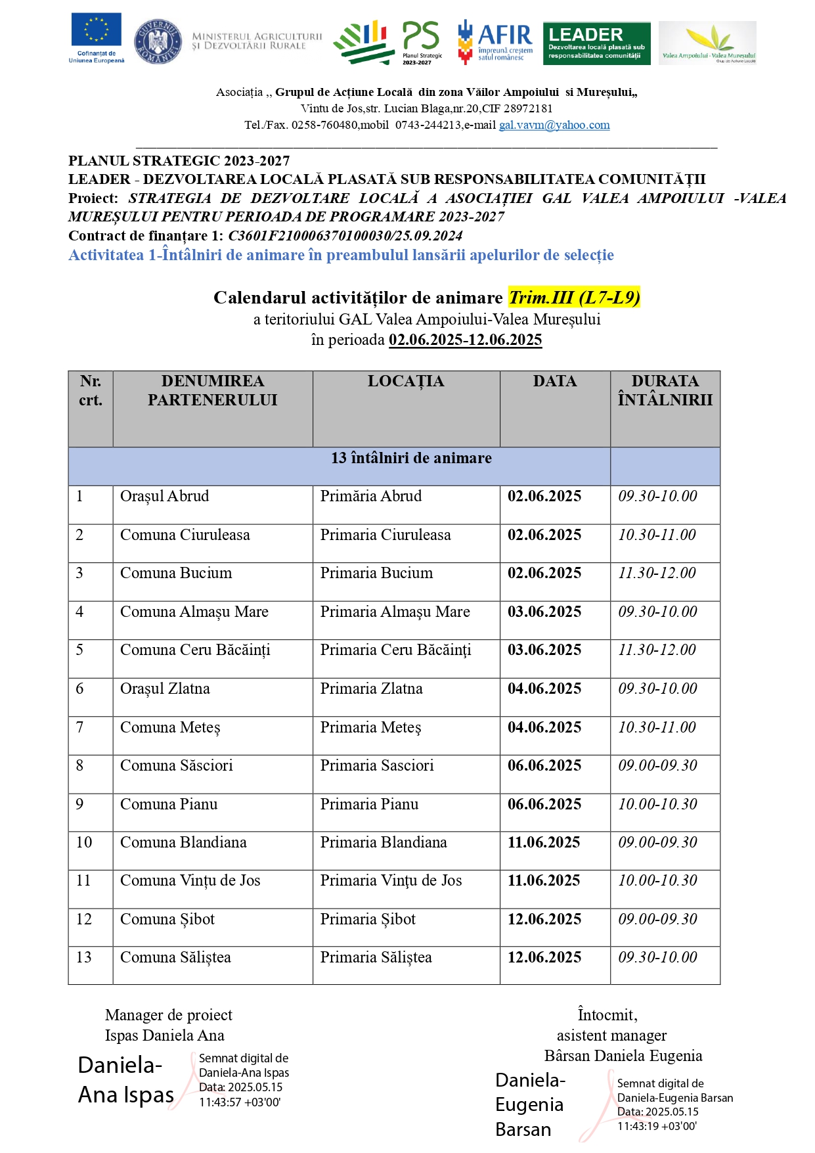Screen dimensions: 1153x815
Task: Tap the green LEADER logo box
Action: click(596, 43)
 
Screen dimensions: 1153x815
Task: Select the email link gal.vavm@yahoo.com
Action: click(554, 125)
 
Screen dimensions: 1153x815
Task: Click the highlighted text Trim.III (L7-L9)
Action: click(574, 298)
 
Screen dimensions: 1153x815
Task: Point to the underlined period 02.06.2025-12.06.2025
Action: click(465, 340)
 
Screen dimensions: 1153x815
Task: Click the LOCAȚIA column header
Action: click(406, 382)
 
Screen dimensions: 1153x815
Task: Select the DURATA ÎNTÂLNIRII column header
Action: click(665, 390)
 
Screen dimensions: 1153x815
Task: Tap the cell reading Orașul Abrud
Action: click(164, 497)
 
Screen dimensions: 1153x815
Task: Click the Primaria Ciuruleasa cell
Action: click(385, 535)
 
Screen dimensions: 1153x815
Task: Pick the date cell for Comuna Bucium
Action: click(544, 574)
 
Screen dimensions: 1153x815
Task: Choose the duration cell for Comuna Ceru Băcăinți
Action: click(657, 650)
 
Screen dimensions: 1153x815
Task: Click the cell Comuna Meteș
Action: click(170, 728)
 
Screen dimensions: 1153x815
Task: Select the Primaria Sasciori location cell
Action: click(377, 766)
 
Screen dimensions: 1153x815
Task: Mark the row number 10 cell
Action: click(84, 843)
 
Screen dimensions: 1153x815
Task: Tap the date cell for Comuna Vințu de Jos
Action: click(544, 881)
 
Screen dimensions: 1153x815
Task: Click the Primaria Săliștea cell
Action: click(376, 958)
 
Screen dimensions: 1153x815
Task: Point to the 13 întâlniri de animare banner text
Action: click(411, 459)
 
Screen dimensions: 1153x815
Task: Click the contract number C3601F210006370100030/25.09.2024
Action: click(345, 236)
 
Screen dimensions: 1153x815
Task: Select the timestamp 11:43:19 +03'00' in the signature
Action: click(657, 1126)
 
